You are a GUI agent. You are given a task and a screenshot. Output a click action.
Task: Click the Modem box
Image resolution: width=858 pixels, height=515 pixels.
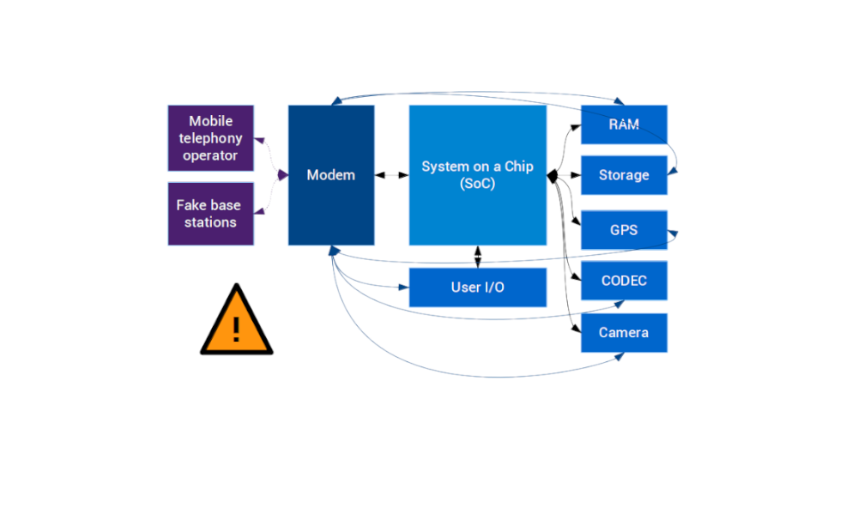point(330,175)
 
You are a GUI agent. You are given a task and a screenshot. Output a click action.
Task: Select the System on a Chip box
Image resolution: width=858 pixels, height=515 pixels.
point(477,175)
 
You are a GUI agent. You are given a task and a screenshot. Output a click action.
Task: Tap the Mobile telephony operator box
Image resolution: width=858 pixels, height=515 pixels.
point(211,138)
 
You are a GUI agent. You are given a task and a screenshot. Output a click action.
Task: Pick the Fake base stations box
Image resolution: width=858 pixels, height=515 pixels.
point(211,214)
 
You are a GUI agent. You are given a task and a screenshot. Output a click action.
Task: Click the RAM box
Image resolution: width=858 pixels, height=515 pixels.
point(624,124)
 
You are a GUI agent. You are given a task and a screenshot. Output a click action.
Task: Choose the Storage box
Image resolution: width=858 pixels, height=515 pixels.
point(624,175)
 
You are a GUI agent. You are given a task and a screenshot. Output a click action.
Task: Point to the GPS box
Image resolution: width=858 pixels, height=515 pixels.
point(624,230)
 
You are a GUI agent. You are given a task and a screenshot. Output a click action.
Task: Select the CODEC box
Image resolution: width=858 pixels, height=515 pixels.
point(624,281)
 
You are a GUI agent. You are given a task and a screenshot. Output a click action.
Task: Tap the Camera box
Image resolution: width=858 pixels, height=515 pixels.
point(624,332)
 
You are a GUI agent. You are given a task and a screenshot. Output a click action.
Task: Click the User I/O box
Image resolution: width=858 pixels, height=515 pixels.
point(478,287)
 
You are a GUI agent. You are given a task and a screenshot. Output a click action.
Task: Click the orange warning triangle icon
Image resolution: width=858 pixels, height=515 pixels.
point(236,322)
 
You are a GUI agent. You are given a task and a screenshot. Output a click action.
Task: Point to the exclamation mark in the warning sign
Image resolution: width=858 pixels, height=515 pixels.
point(236,328)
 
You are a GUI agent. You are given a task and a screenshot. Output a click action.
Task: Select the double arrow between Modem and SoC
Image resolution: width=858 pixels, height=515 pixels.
point(391,175)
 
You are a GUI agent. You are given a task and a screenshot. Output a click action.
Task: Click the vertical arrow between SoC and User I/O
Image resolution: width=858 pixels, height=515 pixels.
point(477,257)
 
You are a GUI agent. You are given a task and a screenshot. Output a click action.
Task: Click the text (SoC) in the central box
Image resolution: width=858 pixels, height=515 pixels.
point(477,185)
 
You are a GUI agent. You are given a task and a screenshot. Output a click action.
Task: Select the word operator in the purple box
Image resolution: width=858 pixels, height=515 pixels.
point(211,155)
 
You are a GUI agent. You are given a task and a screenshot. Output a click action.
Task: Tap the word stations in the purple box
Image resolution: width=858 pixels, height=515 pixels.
point(211,222)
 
